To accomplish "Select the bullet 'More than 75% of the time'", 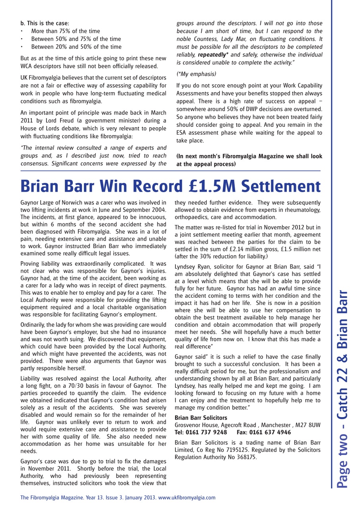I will [x=66, y=31].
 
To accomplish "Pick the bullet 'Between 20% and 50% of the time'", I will [x=76, y=47].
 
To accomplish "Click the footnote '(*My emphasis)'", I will [x=196, y=74].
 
